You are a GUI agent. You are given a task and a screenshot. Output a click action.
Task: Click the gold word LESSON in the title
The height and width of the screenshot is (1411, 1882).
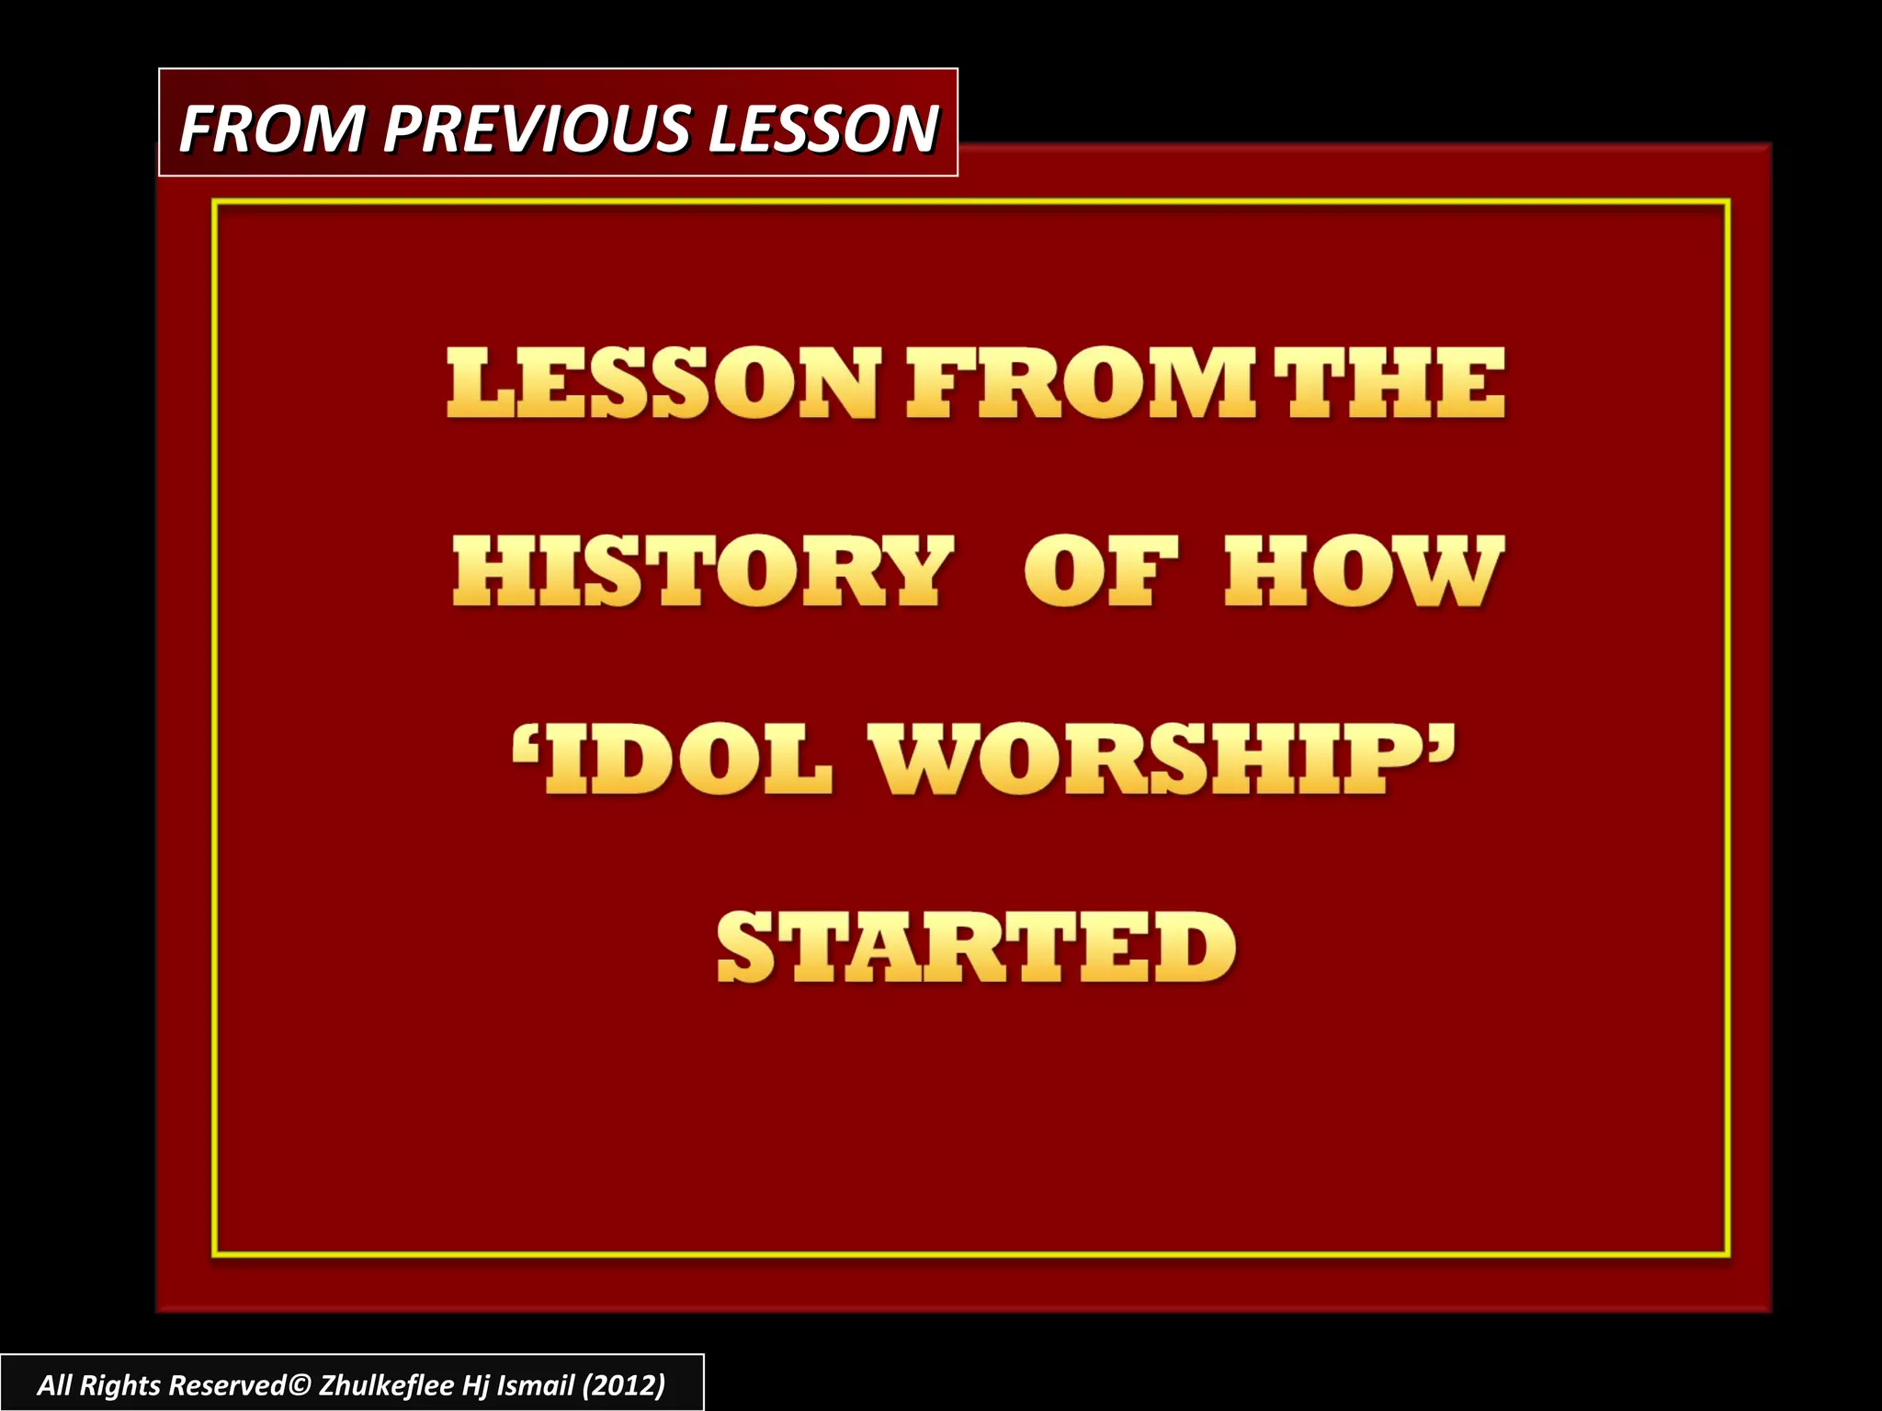[x=663, y=383]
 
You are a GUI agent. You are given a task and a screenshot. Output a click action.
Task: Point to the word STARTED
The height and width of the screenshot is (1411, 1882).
[x=976, y=947]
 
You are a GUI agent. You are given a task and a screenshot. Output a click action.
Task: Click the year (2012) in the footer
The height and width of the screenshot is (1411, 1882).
[x=623, y=1385]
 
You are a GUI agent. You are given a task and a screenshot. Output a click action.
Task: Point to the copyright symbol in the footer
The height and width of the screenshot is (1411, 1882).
[x=300, y=1385]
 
